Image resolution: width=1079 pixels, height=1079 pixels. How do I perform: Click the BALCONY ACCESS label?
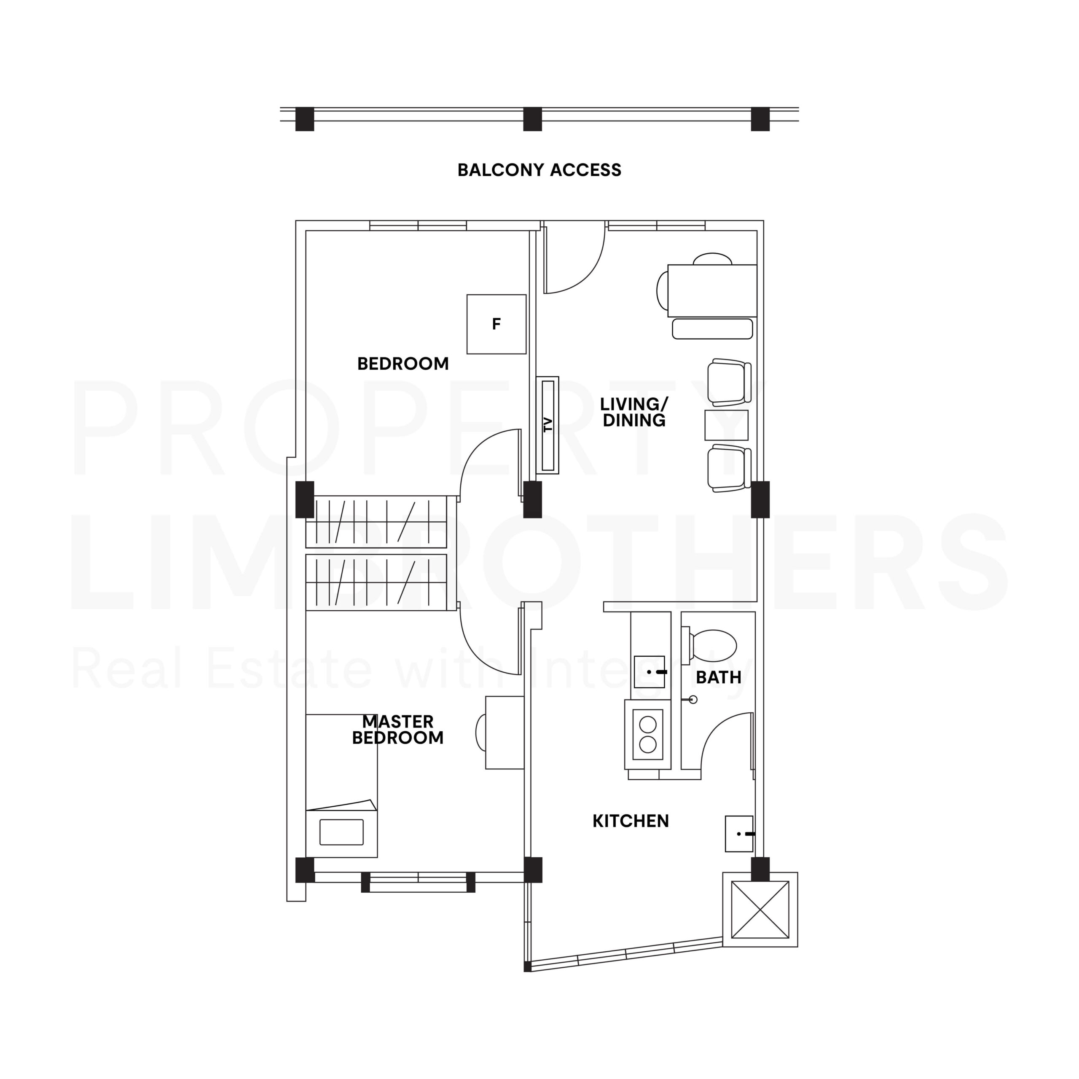(x=539, y=170)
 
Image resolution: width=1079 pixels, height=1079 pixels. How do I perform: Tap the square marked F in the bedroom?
(x=496, y=324)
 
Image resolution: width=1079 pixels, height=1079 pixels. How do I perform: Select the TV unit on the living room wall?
(x=548, y=424)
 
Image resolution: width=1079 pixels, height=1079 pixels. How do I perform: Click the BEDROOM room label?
(x=403, y=364)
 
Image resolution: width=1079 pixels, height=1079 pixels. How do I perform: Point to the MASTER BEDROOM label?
(x=397, y=730)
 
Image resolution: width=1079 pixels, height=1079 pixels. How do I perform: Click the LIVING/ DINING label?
(x=634, y=412)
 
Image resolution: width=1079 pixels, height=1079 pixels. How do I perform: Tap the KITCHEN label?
(x=631, y=821)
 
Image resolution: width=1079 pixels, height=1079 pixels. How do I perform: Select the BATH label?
(x=718, y=677)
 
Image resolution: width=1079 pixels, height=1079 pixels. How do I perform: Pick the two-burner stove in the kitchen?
(x=648, y=734)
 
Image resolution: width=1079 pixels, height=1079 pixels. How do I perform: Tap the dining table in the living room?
(x=712, y=290)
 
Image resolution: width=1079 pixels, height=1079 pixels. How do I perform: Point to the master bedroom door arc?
(x=486, y=648)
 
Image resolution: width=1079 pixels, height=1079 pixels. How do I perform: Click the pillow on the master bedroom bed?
(x=341, y=832)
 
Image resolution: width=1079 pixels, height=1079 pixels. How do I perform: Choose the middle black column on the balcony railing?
(x=532, y=119)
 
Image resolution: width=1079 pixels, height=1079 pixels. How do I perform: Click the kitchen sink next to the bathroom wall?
(x=650, y=672)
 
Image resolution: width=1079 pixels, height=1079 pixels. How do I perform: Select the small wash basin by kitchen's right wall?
(x=739, y=833)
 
